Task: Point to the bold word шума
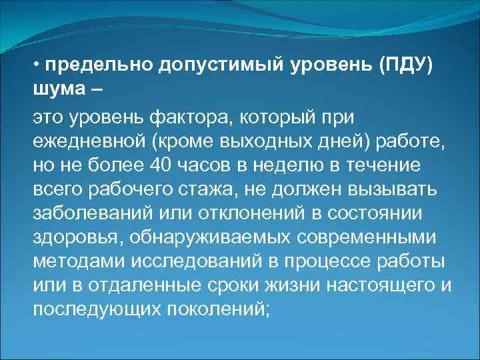[x=55, y=90]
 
